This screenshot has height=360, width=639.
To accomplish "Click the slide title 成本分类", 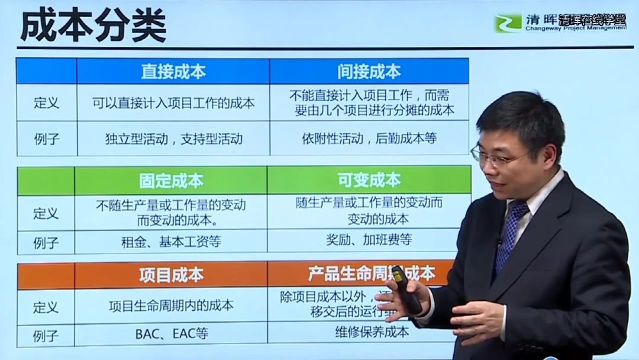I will coord(93,26).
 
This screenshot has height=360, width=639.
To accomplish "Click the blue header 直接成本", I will coord(173,72).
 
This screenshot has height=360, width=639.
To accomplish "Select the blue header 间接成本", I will coord(369,72).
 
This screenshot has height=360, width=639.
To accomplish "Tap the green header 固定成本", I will coord(171,181).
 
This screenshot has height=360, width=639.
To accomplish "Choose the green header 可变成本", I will coord(369,180).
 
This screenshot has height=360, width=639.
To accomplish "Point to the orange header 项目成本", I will coord(171,275).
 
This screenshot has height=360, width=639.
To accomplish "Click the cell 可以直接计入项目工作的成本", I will coord(173,103).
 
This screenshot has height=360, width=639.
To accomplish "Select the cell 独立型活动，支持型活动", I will coord(173,139).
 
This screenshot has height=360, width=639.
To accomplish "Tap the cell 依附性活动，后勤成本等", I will coord(369,139).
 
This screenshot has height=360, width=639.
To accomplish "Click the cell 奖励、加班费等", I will coord(369,240).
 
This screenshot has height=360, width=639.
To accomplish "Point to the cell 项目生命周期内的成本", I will coord(171,306).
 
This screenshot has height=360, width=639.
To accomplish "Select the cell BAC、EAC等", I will coord(171,333).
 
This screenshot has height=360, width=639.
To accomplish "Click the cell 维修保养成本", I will coord(368,332).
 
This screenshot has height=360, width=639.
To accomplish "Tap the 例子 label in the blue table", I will coord(46,139).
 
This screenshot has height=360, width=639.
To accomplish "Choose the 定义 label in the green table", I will coord(46,213).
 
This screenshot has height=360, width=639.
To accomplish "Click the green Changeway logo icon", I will coord(508,24).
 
